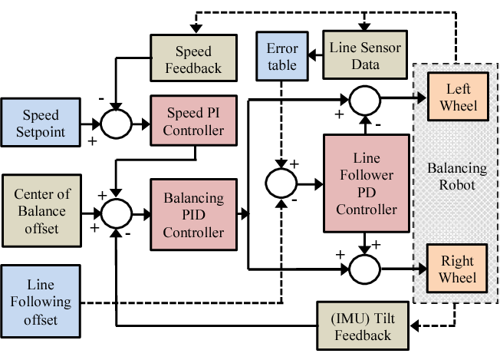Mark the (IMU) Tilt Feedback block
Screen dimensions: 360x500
[x=365, y=324]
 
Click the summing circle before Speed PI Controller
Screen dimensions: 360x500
[x=115, y=121]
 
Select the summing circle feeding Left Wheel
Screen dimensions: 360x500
[x=366, y=98]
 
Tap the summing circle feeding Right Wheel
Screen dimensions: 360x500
[x=365, y=269]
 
